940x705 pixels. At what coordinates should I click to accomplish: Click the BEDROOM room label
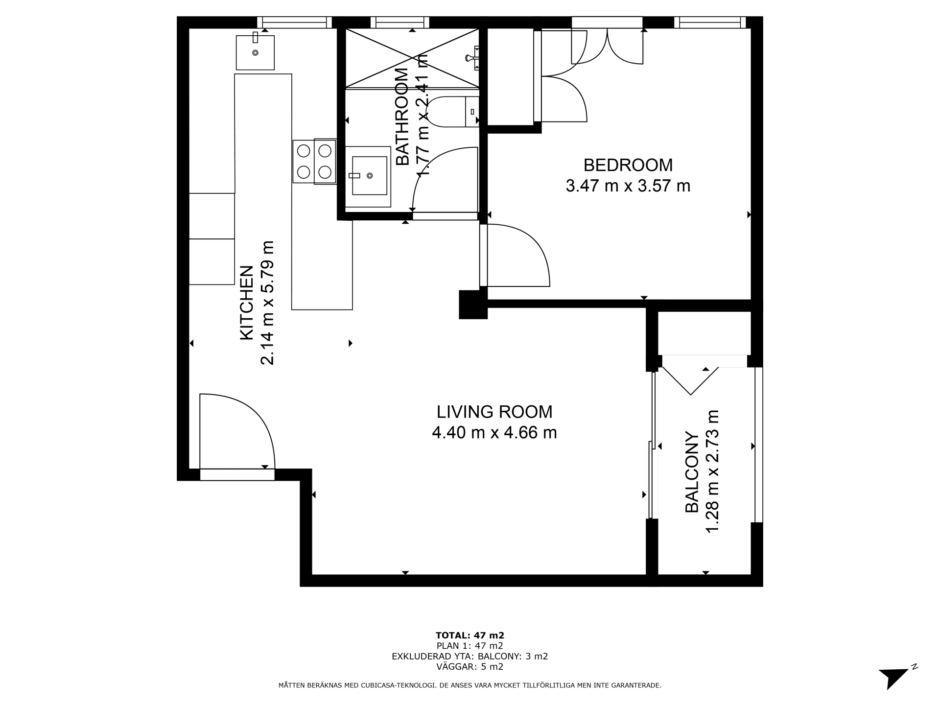(628, 165)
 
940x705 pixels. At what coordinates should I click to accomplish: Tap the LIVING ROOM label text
(494, 412)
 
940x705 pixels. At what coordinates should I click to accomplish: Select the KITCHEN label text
(246, 303)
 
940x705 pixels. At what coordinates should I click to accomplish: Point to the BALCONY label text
(692, 472)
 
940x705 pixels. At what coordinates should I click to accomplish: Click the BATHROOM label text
(402, 117)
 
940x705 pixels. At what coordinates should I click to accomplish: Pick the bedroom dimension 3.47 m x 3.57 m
(628, 186)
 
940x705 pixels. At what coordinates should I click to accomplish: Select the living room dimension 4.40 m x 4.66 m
(494, 433)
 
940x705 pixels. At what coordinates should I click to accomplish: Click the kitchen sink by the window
(255, 52)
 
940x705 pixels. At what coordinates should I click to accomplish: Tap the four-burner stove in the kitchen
(315, 162)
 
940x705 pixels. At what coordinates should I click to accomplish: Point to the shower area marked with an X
(412, 59)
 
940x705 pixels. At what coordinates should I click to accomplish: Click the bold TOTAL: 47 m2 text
(470, 635)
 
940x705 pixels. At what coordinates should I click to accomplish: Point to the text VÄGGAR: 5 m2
(470, 667)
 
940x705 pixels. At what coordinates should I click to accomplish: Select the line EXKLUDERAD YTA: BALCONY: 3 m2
(470, 657)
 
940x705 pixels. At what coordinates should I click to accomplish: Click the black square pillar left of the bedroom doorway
(473, 305)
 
